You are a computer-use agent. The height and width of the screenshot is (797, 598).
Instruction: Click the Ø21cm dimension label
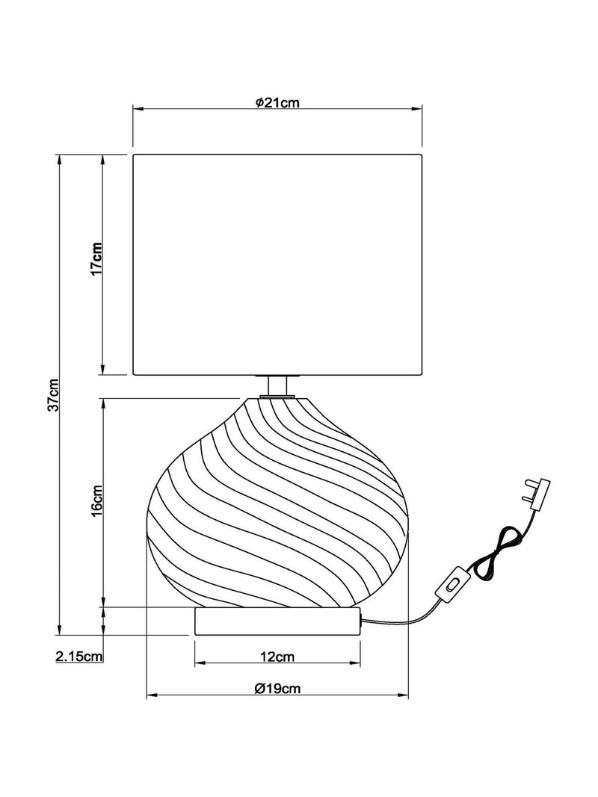point(277,102)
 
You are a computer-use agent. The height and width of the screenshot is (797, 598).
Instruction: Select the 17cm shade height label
point(96,258)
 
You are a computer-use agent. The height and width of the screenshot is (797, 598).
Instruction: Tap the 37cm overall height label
point(53,394)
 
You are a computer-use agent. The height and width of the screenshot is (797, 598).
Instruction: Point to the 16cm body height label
point(96,500)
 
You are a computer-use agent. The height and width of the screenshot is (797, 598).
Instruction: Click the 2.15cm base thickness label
point(78,657)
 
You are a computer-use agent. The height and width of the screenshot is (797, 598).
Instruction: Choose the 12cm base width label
point(277,657)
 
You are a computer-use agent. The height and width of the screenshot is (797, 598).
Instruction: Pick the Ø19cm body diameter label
point(277,689)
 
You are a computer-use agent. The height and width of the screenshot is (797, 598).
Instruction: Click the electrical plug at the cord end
point(537,492)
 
